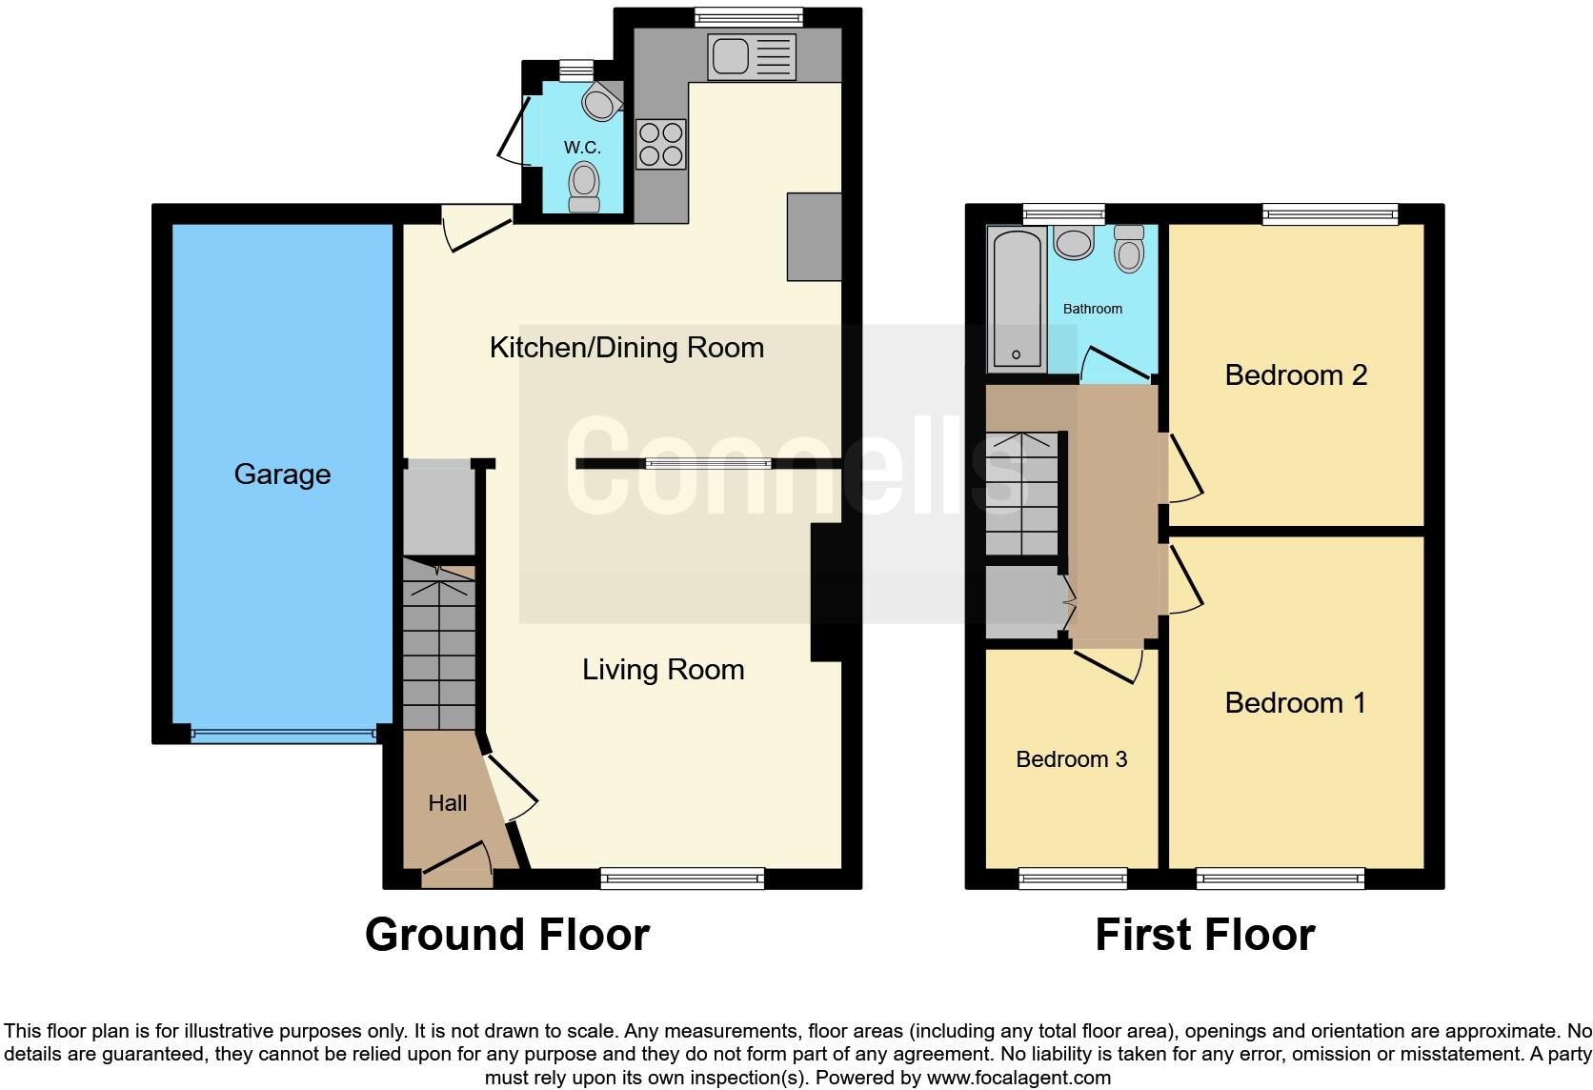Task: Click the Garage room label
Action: [282, 474]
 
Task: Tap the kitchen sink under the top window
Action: [751, 57]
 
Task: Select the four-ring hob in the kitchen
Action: [660, 144]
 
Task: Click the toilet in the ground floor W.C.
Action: [584, 185]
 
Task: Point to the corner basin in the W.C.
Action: [600, 101]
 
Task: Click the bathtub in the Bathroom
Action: [1017, 298]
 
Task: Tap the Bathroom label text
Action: [1092, 309]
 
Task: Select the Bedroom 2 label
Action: [1296, 374]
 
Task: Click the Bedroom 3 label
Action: [1071, 758]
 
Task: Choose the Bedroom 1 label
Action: [1295, 702]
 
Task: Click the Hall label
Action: [447, 803]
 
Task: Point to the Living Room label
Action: [663, 669]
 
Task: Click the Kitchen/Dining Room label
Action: [626, 347]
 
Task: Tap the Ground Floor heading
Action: [507, 934]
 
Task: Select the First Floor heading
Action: [1204, 934]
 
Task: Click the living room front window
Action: [682, 878]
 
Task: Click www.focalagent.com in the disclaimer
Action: [1018, 1078]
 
